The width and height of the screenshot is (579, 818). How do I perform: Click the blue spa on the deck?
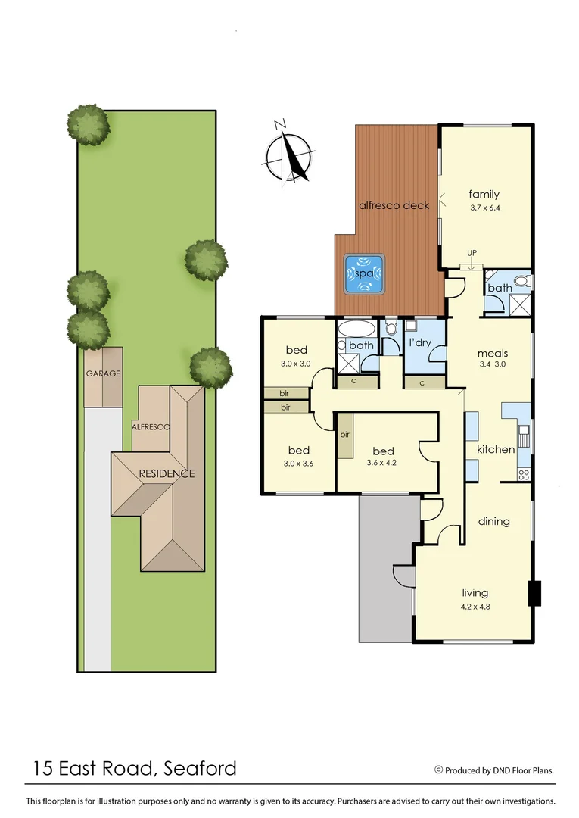point(365,274)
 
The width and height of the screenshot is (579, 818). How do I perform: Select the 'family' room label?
point(484,194)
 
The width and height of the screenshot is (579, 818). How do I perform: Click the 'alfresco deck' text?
point(394,205)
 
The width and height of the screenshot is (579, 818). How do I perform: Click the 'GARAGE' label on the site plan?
point(102,373)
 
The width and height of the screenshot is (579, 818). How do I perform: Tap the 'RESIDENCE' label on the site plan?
point(167,473)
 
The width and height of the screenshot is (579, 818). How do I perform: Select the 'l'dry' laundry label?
point(419,343)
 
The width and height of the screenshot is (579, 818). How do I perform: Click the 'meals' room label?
point(492,353)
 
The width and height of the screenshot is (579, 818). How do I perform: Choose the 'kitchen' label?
point(495,449)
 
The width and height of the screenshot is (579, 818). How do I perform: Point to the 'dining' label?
point(493,521)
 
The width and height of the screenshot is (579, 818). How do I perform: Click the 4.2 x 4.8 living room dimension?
point(475,605)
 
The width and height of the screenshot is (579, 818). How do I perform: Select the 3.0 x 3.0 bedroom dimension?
point(296,363)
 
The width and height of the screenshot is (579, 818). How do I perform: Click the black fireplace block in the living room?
point(535,593)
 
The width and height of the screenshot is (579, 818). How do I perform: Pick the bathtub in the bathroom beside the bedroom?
point(355,329)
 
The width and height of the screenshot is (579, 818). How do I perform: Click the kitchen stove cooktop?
point(522,475)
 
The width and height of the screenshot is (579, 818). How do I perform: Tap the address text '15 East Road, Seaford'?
point(135,769)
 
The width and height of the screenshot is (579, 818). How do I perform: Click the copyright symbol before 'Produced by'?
point(438,770)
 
